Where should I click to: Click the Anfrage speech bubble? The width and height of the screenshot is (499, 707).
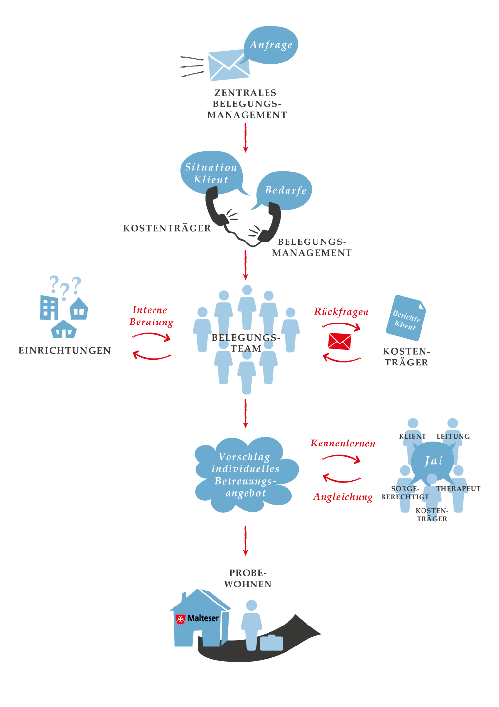point(271,45)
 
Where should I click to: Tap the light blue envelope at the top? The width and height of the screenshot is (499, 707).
point(228,65)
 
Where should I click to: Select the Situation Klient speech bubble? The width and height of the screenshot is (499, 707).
point(211,173)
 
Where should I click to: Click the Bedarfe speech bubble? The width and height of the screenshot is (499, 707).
point(286,190)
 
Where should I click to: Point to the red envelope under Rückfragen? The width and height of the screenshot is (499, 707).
point(340,341)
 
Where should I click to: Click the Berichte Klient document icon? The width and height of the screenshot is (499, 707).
point(406,318)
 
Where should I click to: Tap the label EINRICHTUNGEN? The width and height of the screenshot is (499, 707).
point(65,350)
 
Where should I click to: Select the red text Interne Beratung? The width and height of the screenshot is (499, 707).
point(151,316)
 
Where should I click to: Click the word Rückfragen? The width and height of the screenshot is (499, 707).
point(341,312)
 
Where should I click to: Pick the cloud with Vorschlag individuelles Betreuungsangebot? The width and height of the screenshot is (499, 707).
point(246,474)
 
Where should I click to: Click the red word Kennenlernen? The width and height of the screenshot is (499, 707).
point(343,444)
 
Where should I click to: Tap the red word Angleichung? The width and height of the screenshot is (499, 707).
point(343,497)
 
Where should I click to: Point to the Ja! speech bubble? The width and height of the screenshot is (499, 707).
point(433,460)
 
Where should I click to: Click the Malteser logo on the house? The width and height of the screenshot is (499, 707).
point(197,618)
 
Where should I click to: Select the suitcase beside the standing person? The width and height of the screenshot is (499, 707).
point(271,643)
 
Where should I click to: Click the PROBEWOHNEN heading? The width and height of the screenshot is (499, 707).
point(248,578)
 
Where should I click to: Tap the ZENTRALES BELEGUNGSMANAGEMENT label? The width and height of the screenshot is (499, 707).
point(247,103)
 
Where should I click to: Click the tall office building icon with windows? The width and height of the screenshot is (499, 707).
point(50,307)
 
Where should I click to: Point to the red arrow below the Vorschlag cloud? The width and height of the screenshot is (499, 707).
point(245,541)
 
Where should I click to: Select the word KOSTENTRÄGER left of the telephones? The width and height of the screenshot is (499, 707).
point(167,228)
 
